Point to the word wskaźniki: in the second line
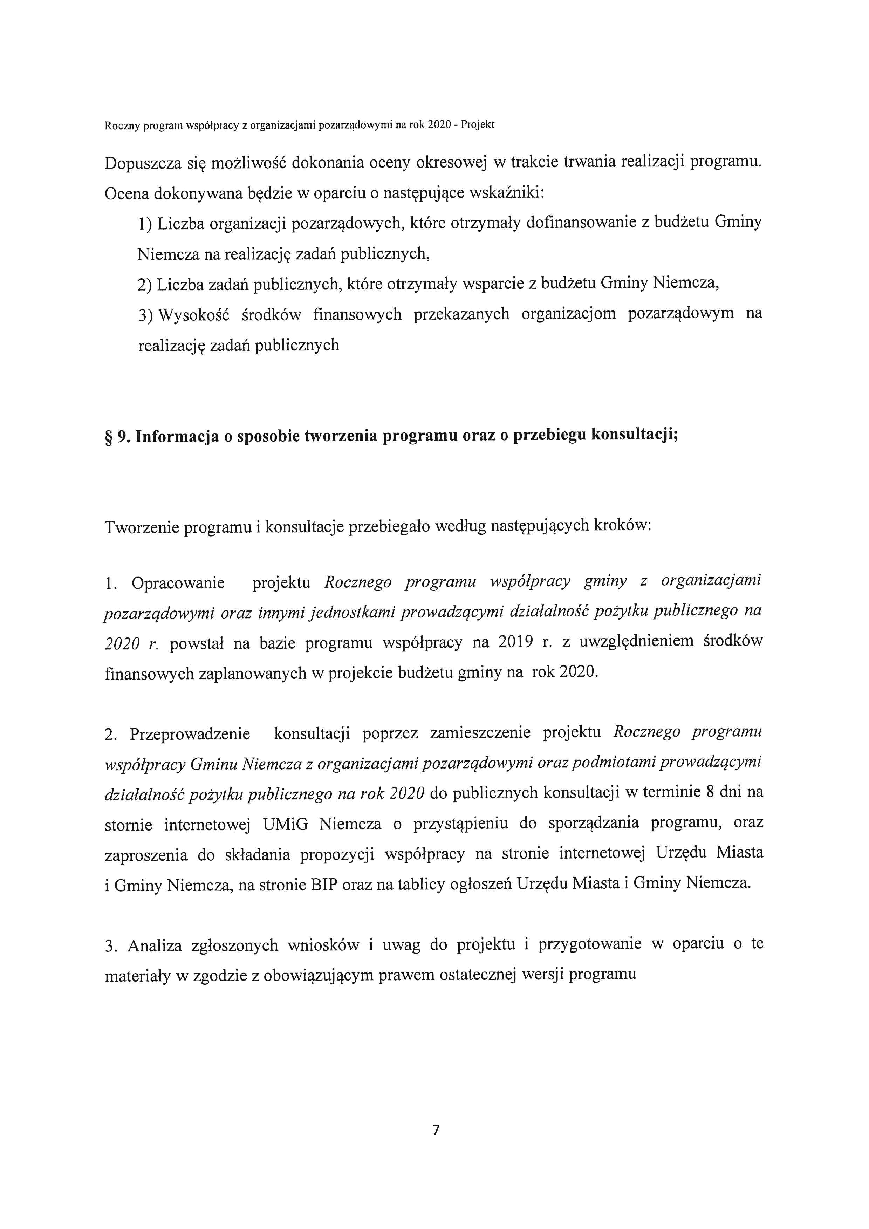pyautogui.click(x=506, y=193)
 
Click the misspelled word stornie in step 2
pyautogui.click(x=128, y=825)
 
